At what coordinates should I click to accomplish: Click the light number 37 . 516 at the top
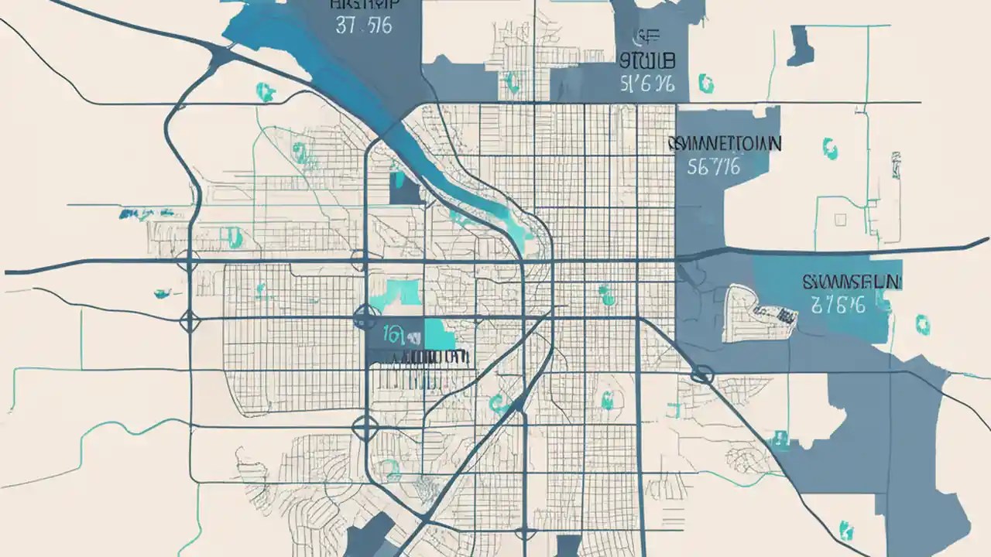click(x=363, y=26)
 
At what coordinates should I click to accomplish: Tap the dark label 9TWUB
click(x=648, y=60)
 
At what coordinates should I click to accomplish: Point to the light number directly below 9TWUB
click(x=648, y=84)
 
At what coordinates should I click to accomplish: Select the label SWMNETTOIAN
click(x=724, y=143)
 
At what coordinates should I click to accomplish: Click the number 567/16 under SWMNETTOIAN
click(x=713, y=166)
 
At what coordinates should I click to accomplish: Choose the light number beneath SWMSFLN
click(x=838, y=305)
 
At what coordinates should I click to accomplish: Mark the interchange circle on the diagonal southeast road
click(x=702, y=374)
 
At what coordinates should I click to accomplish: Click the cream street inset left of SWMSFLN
click(x=760, y=313)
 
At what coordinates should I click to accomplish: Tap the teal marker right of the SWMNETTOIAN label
click(x=830, y=148)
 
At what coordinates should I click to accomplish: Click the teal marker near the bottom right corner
click(x=846, y=531)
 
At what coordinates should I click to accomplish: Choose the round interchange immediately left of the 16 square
click(x=365, y=316)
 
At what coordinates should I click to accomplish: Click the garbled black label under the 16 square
click(x=418, y=357)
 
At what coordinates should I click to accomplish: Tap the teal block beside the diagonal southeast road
click(x=778, y=442)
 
